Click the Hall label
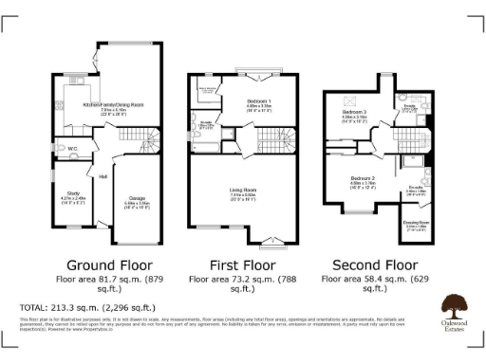click(x=102, y=176)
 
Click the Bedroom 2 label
click(x=363, y=178)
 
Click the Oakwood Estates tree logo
click(x=453, y=305)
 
